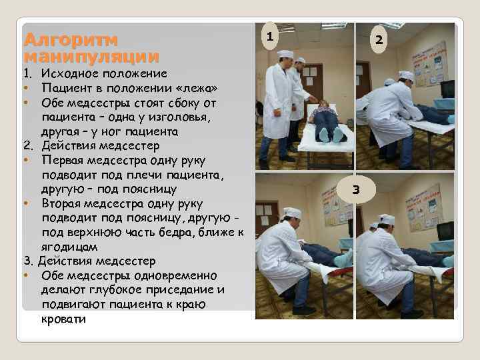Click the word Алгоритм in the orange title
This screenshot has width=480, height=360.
[71, 40]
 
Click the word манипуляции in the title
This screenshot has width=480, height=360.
[91, 57]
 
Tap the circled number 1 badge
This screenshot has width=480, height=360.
[270, 37]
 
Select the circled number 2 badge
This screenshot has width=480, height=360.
[379, 39]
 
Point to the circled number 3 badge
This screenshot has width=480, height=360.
[356, 189]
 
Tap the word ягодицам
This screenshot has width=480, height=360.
[69, 247]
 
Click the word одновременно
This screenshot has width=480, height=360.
[175, 275]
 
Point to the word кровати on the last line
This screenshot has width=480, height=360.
[63, 319]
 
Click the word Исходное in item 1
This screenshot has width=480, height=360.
[71, 73]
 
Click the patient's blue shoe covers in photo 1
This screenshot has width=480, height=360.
[332, 135]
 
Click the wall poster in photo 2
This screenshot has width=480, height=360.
[430, 65]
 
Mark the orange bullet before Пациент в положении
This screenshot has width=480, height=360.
[27, 88]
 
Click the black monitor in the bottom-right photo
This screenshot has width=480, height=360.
[446, 231]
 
